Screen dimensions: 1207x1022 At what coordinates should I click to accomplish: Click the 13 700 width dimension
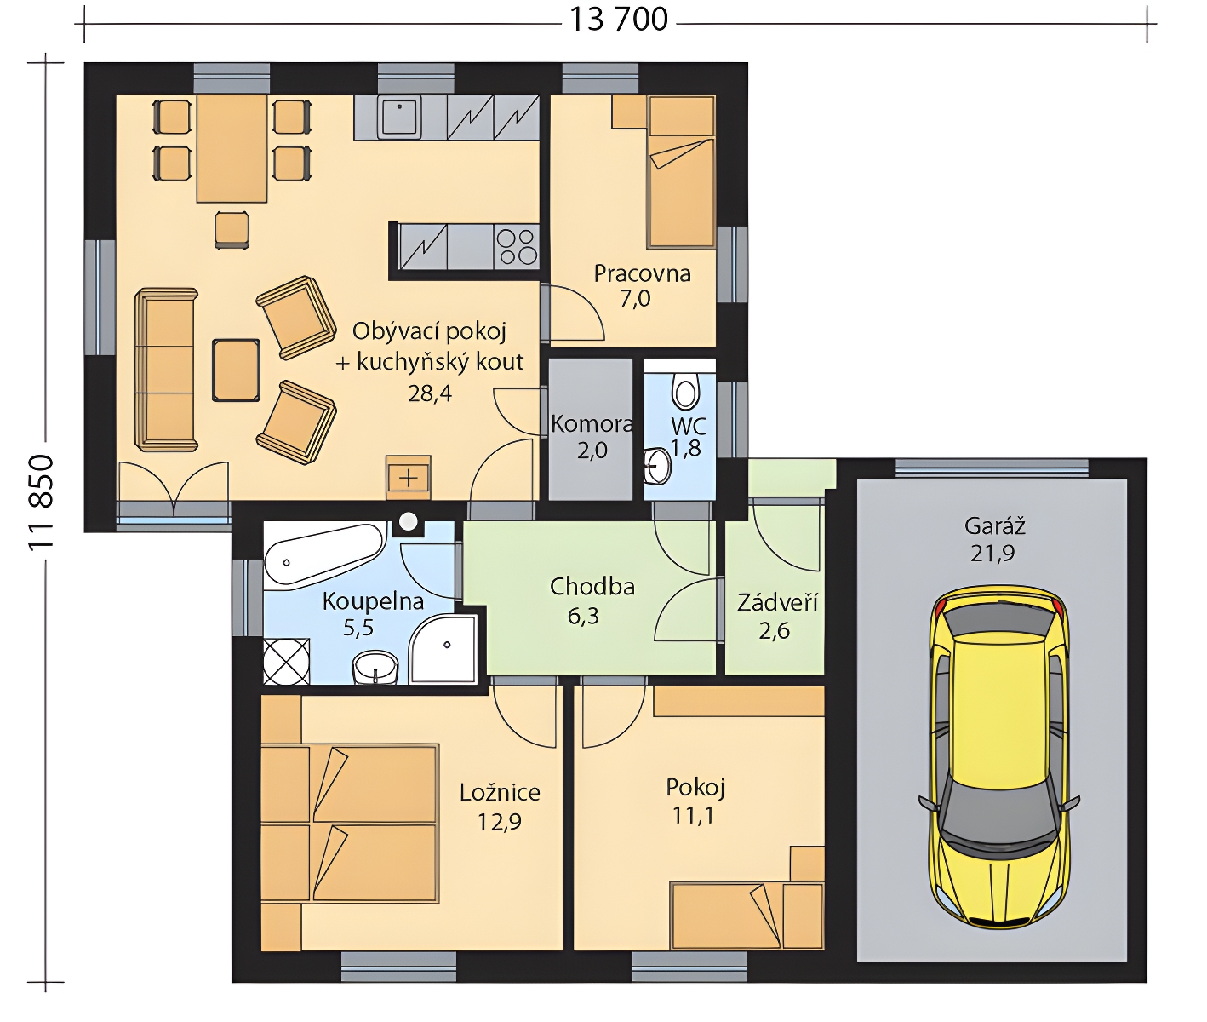tap(618, 20)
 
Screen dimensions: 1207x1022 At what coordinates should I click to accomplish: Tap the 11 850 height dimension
tap(42, 502)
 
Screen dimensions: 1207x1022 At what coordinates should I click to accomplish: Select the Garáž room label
tap(994, 526)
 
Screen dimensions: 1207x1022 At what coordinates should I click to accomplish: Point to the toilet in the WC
tap(685, 388)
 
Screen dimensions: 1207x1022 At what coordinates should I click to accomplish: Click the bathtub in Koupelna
tap(324, 554)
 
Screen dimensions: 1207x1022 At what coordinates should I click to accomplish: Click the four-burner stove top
tap(517, 247)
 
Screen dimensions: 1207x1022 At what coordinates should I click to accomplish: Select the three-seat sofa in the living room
tap(166, 370)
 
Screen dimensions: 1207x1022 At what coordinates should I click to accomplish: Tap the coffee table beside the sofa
tap(236, 370)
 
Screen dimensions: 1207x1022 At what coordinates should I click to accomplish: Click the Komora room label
tap(592, 424)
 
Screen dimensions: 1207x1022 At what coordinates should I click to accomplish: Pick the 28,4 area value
tap(430, 393)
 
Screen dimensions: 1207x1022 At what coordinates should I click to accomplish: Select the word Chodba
tap(592, 587)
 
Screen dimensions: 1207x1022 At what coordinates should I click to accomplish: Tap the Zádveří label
tap(777, 602)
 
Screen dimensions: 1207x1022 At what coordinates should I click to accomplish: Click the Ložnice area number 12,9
tap(500, 822)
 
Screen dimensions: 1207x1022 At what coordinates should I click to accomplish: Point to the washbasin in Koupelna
tap(375, 667)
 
